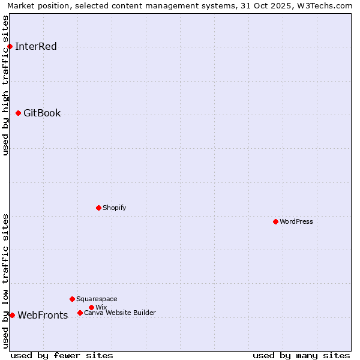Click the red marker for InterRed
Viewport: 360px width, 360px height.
[x=10, y=46]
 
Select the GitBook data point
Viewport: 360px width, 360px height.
[x=18, y=113]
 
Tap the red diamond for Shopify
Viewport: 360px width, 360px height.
[x=98, y=208]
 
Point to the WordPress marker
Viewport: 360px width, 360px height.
[x=275, y=221]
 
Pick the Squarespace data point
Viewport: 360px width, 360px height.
[x=72, y=299]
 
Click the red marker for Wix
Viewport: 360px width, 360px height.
[x=91, y=307]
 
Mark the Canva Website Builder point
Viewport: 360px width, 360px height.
[x=80, y=313]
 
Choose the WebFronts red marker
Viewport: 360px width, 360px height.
[x=12, y=315]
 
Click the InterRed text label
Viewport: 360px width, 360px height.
[x=36, y=47]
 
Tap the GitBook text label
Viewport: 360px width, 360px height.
[x=42, y=113]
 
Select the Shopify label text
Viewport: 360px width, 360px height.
[x=114, y=208]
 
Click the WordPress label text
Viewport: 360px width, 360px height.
[x=296, y=222]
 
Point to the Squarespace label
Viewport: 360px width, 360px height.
[x=97, y=299]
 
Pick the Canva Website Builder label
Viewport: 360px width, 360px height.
[x=120, y=313]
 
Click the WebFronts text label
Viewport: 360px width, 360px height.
[x=43, y=316]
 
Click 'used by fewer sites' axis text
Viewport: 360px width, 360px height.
[x=62, y=356]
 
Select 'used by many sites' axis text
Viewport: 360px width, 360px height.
[x=301, y=356]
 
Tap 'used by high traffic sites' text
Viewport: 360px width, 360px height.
[x=6, y=85]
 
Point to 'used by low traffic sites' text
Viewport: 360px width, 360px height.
[x=6, y=280]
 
